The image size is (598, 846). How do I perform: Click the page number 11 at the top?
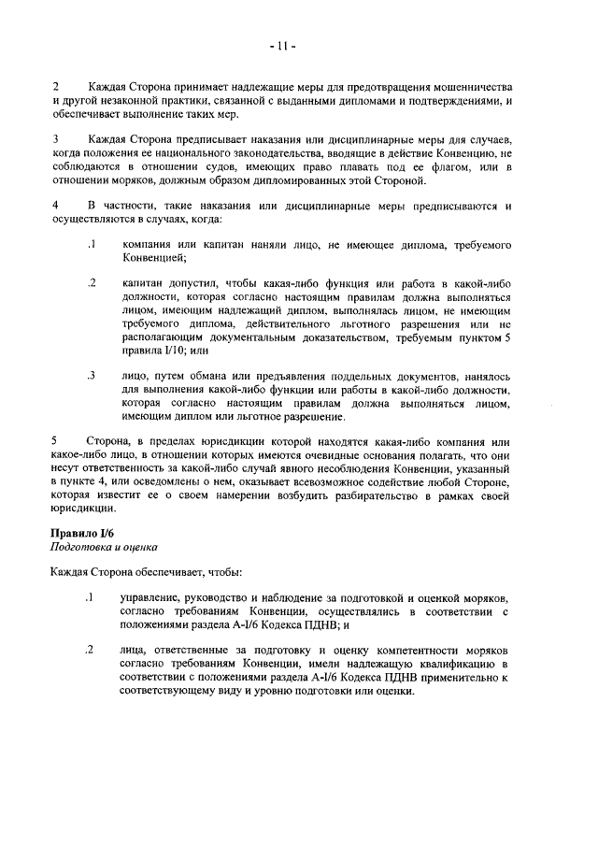pyautogui.click(x=285, y=43)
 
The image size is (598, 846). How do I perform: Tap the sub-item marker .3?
pyautogui.click(x=92, y=376)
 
